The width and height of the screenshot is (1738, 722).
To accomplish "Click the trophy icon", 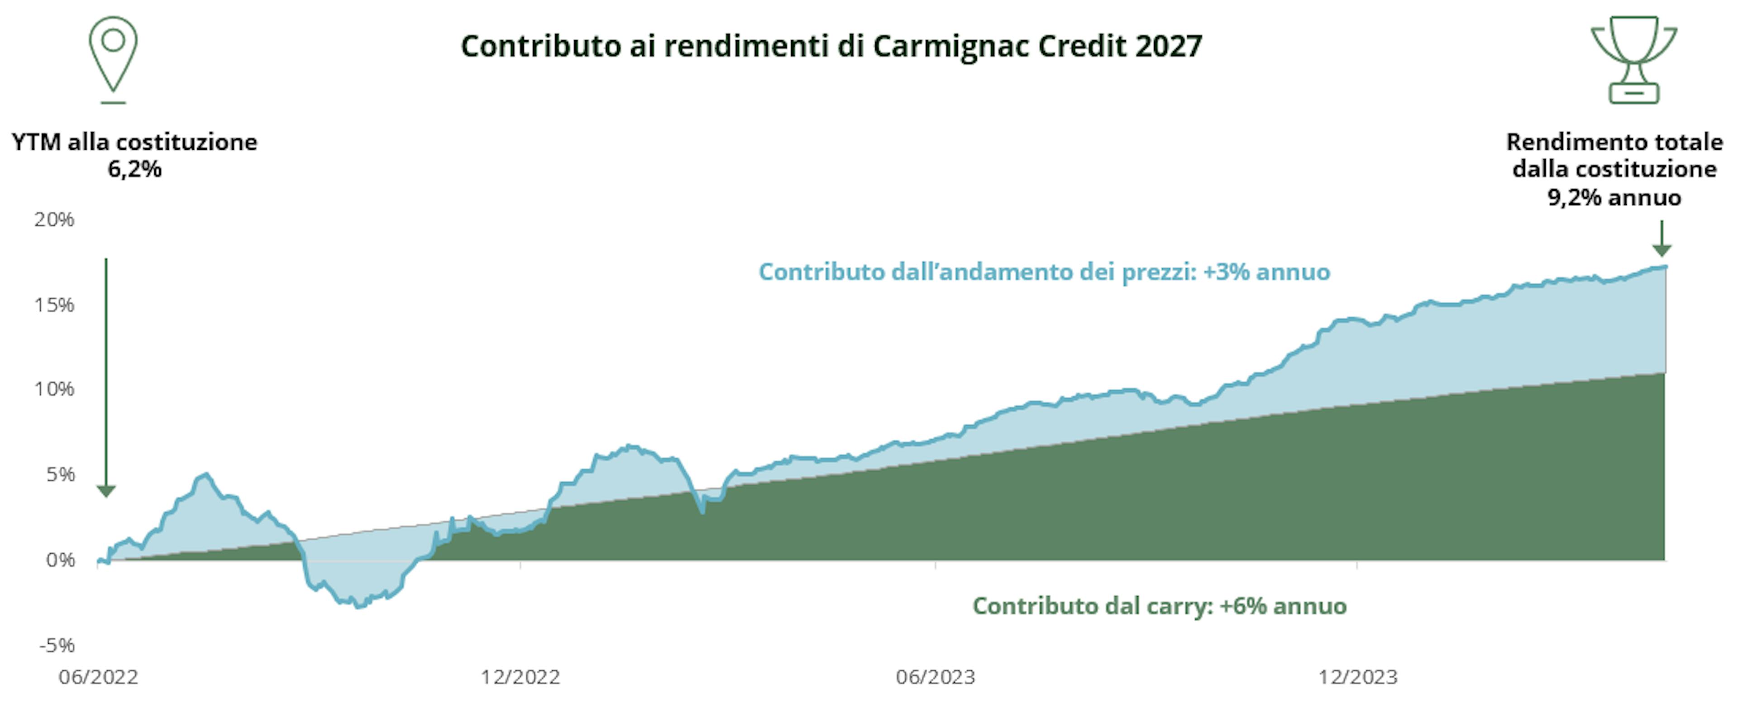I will coord(1633,59).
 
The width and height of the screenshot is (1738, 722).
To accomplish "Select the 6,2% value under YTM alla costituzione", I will coord(134,169).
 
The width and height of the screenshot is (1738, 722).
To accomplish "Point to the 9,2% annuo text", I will coord(1614,198).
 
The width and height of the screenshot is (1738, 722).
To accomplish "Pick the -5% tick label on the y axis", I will coord(57,645).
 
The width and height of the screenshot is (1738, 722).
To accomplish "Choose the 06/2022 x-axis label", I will coord(99,677).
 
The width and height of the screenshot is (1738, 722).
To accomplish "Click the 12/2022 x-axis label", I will coord(520,677).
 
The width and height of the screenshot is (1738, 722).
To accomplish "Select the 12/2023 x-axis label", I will coord(1357,677).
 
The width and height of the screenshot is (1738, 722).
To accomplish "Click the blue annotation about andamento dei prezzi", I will coord(1044,272).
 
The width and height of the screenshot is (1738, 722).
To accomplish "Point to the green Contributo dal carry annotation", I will coord(1159,606).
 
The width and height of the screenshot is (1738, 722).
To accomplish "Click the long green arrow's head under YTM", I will coord(106,491).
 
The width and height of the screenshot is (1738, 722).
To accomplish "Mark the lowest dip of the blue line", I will coord(358,606).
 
